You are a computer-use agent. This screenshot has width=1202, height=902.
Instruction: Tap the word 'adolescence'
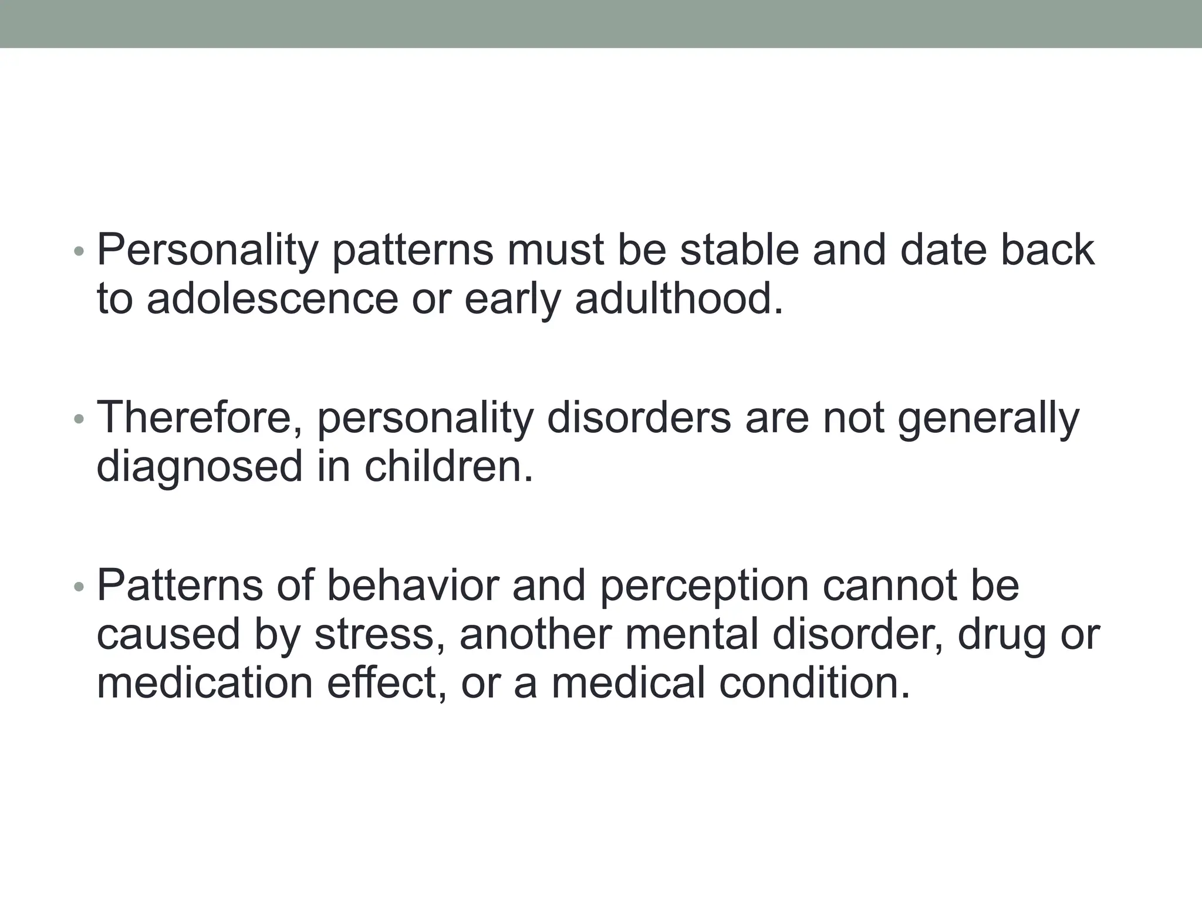(x=272, y=299)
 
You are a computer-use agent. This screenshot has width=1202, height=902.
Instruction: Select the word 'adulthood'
(x=678, y=299)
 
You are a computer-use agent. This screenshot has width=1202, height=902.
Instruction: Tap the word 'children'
(x=449, y=466)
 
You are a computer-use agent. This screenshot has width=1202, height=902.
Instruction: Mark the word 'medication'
(x=205, y=684)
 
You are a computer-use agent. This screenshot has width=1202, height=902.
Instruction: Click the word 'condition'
(x=815, y=684)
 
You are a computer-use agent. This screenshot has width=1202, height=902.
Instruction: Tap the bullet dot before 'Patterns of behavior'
(x=79, y=587)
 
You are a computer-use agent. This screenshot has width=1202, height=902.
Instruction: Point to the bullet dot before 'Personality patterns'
(x=79, y=252)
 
